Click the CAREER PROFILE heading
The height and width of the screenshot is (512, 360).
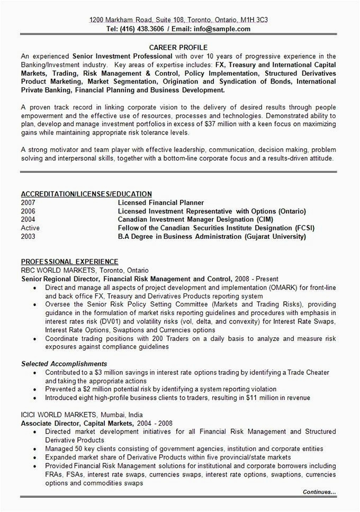pos(178,47)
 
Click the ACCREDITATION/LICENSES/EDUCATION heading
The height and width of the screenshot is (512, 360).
pos(86,194)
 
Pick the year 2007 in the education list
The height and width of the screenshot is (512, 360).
pos(28,203)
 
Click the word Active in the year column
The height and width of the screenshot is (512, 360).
pos(30,228)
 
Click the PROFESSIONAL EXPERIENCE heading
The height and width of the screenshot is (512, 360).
pos(69,262)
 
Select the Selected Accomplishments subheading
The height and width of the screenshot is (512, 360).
pos(64,364)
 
